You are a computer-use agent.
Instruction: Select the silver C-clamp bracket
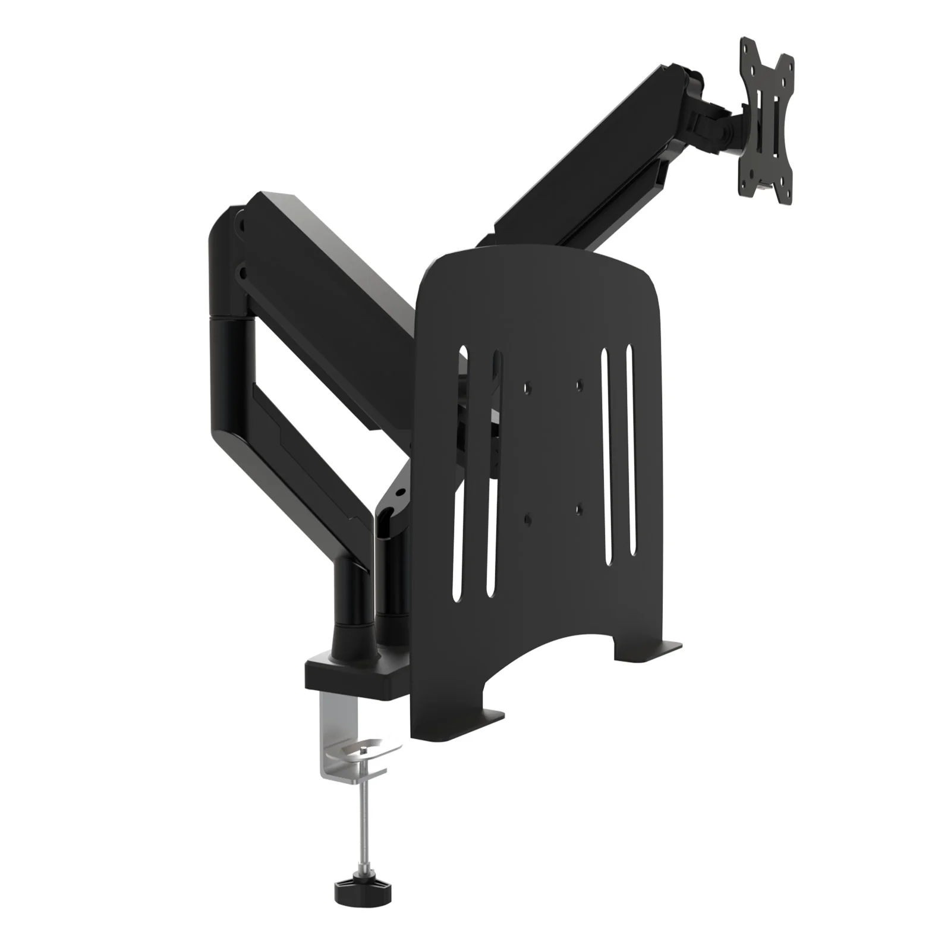(x=333, y=737)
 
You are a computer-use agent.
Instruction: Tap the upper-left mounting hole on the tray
(x=525, y=387)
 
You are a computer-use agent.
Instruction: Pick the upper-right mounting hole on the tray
(x=580, y=385)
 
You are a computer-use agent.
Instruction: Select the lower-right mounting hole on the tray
(x=580, y=509)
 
